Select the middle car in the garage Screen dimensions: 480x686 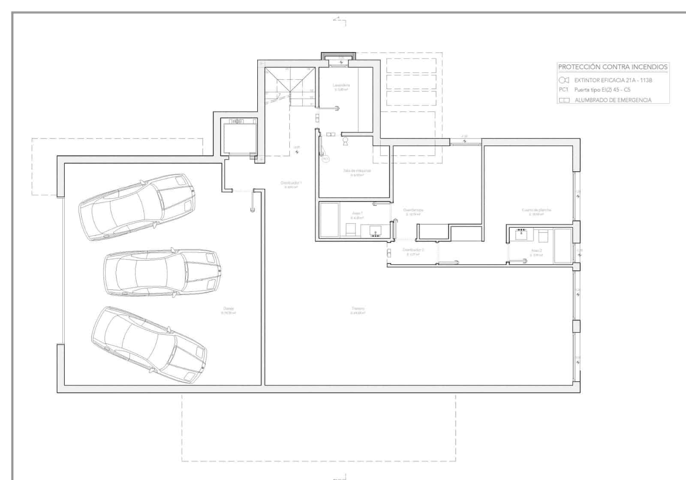(162, 273)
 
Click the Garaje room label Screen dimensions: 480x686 (229, 309)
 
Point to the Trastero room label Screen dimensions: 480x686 (358, 309)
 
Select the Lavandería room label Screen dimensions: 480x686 (341, 85)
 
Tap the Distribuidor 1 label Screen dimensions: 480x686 (291, 183)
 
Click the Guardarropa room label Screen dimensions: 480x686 (413, 210)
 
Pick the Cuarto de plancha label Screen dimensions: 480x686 (536, 210)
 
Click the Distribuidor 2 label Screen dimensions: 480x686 (413, 250)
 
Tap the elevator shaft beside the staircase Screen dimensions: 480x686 (239, 136)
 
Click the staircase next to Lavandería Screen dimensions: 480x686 (289, 88)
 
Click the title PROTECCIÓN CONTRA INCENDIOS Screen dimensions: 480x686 (613, 67)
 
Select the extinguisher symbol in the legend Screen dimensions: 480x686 (564, 80)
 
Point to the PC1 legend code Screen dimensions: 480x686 (563, 90)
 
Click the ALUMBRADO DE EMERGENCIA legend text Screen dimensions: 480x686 (613, 100)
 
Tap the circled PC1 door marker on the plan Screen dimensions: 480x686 (325, 159)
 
